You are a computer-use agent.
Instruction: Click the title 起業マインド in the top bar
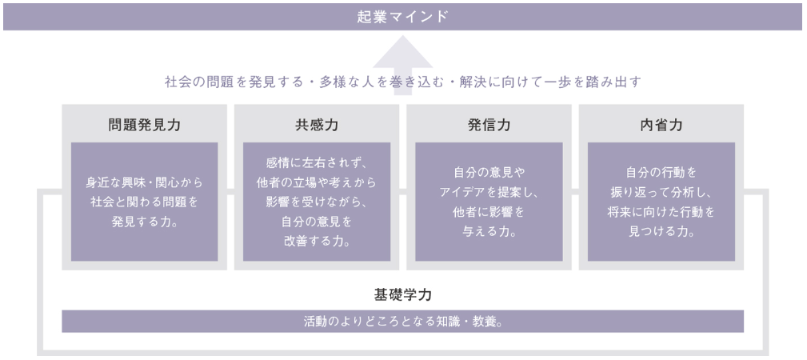(x=403, y=17)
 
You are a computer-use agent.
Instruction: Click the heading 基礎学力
(x=403, y=294)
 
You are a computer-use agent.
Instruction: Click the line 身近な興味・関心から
(x=144, y=182)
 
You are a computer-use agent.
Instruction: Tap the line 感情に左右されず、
(x=316, y=162)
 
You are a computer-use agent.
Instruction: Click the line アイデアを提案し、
(x=489, y=192)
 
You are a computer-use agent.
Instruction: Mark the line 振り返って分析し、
(x=661, y=192)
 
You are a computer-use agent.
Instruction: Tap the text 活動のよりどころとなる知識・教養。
(x=403, y=322)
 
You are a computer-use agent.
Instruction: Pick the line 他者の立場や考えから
(x=316, y=182)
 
